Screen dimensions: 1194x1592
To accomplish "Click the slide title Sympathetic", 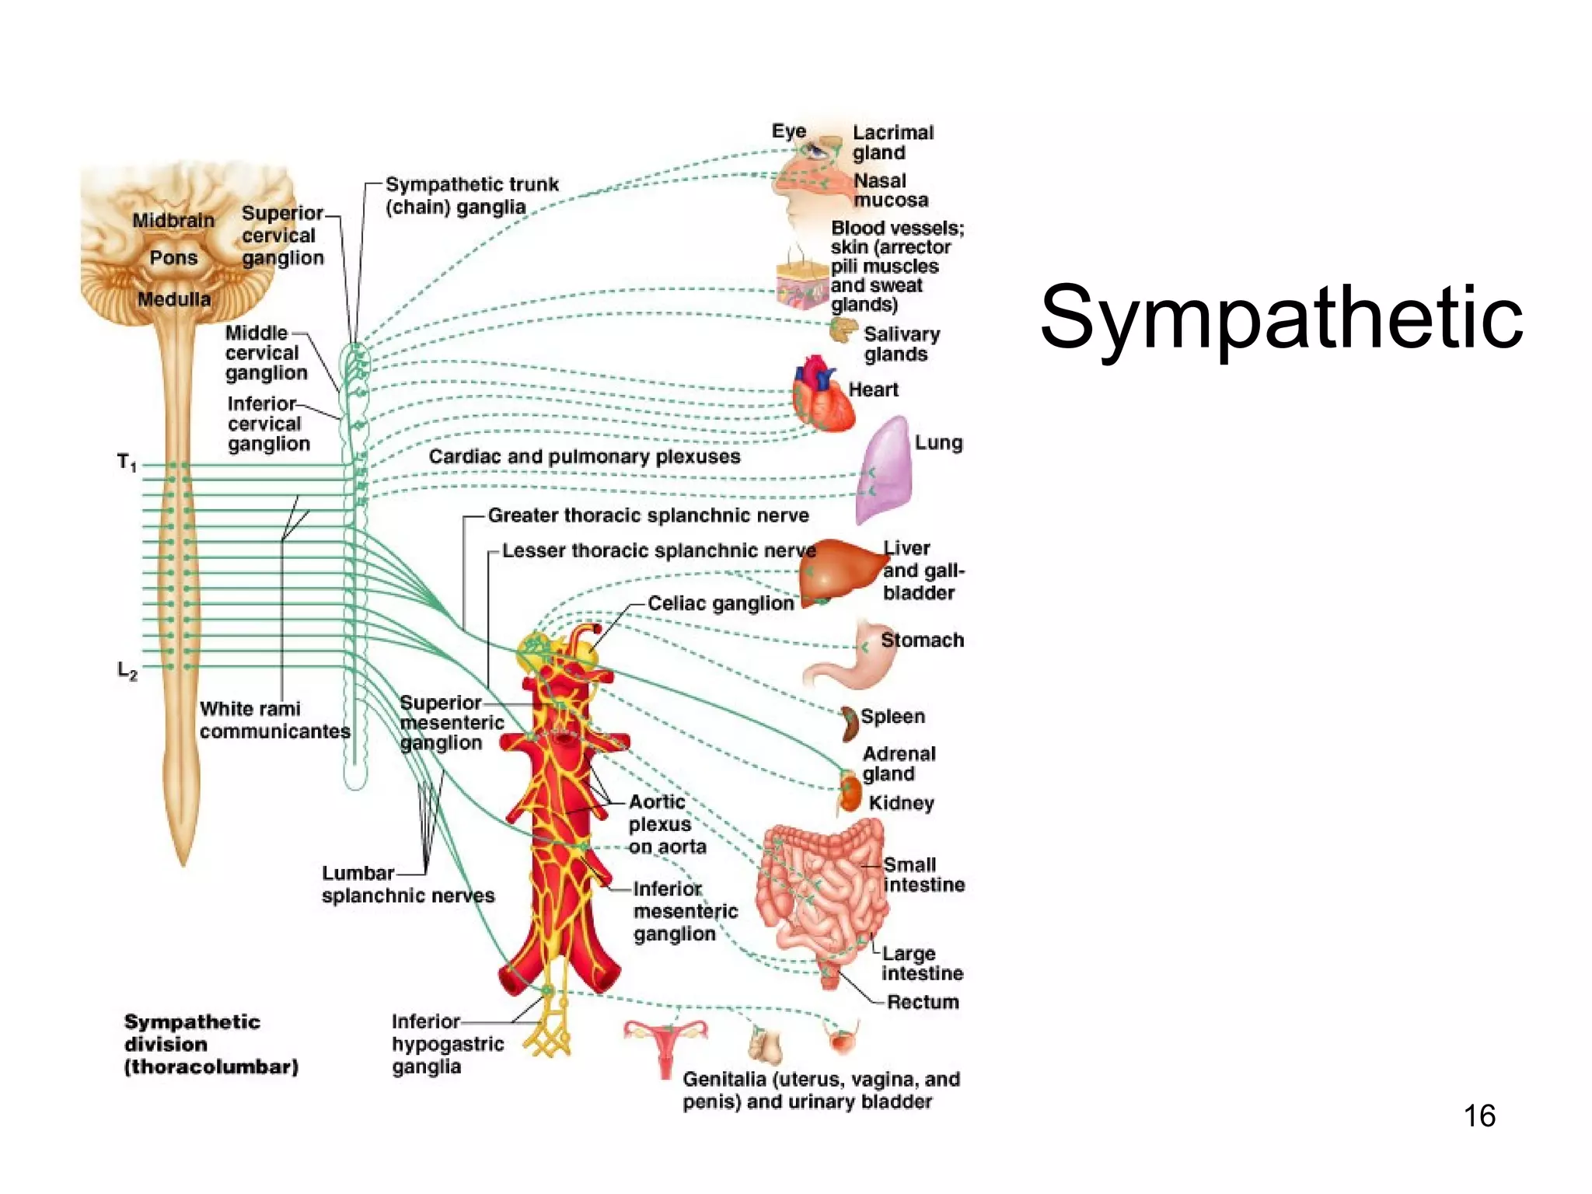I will click(1281, 317).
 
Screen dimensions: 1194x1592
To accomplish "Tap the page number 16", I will click(1479, 1115).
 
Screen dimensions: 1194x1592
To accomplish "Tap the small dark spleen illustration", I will click(849, 723).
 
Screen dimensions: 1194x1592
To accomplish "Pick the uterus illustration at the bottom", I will click(665, 1043).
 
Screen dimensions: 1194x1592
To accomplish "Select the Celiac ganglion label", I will click(721, 603).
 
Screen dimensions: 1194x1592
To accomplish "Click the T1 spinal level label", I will click(127, 463).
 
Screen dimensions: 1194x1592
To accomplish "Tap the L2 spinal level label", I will click(127, 670).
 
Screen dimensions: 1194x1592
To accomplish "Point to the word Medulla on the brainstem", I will click(174, 299).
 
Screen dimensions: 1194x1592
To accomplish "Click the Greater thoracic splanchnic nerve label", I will click(648, 515).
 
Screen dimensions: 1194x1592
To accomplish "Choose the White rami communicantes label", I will click(274, 720).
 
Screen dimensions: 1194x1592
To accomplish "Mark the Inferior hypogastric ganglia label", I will click(447, 1044).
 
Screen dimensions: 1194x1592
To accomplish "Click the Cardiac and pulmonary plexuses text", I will click(585, 456).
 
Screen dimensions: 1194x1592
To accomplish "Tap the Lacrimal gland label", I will click(892, 142).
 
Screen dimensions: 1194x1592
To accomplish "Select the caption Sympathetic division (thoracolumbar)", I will click(210, 1044).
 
